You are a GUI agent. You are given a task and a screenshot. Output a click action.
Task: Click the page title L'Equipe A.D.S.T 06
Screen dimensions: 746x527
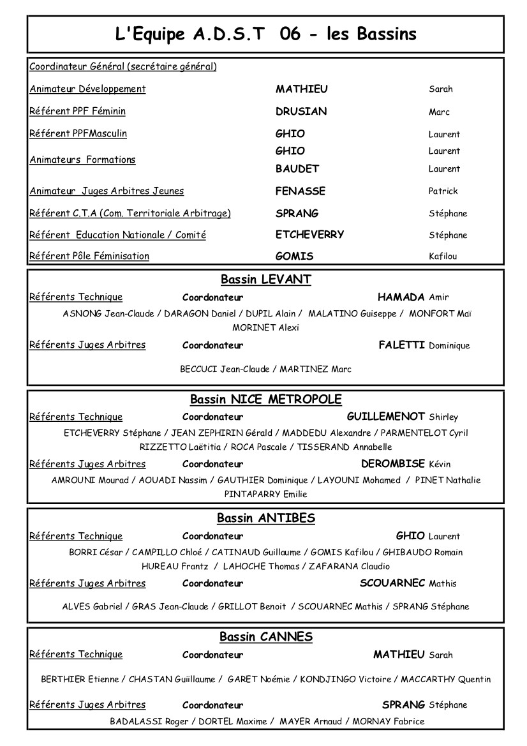265,34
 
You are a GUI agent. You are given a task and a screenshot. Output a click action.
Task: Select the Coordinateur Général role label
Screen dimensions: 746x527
123,66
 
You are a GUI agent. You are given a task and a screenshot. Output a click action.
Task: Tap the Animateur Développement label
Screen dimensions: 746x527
87,89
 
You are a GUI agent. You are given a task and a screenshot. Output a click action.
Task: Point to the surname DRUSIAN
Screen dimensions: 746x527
301,111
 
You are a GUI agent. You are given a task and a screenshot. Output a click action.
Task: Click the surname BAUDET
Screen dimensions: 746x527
297,168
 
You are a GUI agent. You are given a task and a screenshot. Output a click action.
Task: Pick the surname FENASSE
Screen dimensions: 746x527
301,191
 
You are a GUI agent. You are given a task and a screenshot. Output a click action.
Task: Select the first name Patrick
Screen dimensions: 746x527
443,191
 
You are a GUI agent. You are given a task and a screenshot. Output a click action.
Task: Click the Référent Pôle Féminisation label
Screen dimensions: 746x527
89,256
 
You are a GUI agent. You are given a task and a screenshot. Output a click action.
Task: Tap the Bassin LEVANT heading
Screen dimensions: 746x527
265,280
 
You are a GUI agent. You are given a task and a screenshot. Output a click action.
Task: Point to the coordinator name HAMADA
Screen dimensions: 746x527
401,297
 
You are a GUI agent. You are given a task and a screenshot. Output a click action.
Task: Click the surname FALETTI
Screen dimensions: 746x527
402,345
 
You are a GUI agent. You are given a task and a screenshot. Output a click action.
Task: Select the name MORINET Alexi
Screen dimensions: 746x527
265,327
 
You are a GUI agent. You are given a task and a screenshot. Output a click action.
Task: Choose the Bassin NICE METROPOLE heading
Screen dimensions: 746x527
265,399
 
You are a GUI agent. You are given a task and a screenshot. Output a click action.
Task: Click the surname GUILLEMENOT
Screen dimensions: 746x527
386,416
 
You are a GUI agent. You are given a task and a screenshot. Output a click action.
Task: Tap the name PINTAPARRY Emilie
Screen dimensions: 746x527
265,493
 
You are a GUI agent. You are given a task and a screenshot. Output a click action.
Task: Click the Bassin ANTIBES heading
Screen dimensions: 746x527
265,518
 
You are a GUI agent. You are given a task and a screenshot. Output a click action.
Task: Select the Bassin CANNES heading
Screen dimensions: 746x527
265,637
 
